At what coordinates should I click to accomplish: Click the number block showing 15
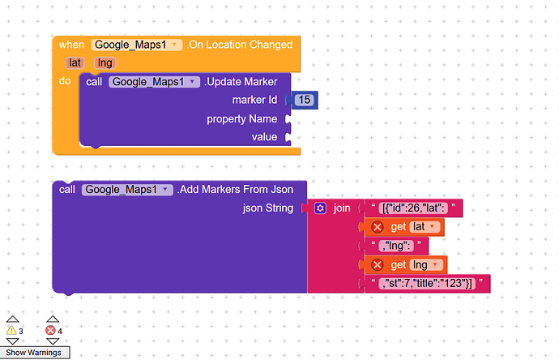(x=304, y=100)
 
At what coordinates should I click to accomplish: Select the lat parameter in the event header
(x=75, y=63)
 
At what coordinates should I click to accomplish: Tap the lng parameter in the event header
(x=105, y=63)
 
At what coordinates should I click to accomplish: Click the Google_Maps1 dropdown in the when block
(x=137, y=45)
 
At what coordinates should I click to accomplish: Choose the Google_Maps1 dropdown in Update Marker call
(x=154, y=82)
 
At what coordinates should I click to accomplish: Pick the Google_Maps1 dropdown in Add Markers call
(x=127, y=190)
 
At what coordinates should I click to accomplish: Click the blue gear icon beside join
(x=320, y=208)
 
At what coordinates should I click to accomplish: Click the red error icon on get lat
(x=378, y=227)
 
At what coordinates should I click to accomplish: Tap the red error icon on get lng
(x=378, y=265)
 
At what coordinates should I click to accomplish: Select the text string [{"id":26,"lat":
(x=413, y=208)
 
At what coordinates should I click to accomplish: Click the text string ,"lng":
(x=396, y=246)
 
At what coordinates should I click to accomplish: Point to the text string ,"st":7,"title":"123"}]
(x=427, y=284)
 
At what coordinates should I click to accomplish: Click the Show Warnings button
(x=34, y=353)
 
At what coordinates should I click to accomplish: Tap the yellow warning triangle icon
(x=12, y=330)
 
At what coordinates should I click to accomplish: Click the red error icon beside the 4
(x=50, y=330)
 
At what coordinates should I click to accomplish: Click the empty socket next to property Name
(x=288, y=119)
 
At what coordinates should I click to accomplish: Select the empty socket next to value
(x=288, y=137)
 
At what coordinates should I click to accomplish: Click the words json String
(x=268, y=208)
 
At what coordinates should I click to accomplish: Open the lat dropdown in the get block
(x=425, y=227)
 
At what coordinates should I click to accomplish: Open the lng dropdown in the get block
(x=426, y=265)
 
